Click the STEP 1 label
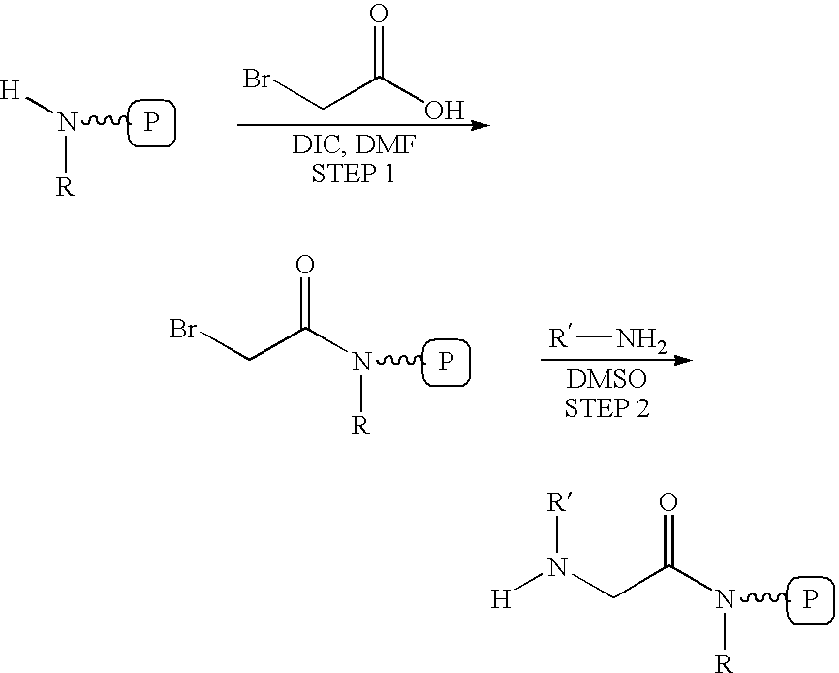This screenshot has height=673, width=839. coord(354,174)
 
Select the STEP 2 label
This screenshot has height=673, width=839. coord(606,408)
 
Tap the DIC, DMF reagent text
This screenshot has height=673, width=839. coord(354,144)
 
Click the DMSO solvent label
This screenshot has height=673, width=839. coord(606,379)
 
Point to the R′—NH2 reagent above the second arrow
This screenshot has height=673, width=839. coord(607,339)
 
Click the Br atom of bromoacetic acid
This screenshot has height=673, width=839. coord(258,79)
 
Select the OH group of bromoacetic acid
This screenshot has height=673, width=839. coord(444,110)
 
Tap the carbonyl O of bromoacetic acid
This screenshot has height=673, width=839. coord(379,14)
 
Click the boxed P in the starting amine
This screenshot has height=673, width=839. coord(151,122)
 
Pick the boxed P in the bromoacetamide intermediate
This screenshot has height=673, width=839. coord(447,362)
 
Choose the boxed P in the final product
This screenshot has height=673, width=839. coord(810,599)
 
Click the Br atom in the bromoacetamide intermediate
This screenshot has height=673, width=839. coord(183,329)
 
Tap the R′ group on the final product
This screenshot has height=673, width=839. coord(560,502)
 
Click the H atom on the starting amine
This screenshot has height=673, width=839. coord(10,90)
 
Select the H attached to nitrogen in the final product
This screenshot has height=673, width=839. coord(501,599)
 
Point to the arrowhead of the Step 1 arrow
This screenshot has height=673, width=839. coord(482,126)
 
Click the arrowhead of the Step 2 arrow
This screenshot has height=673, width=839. coord(684,360)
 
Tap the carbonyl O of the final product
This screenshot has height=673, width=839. coord(668,502)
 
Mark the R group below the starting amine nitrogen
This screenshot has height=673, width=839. coord(65,187)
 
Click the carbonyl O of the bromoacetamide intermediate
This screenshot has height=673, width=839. coord(305,265)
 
